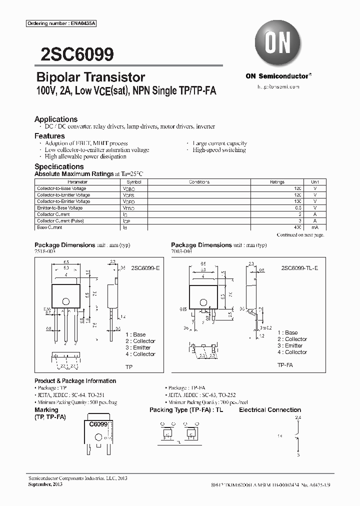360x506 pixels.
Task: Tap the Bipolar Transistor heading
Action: (x=90, y=77)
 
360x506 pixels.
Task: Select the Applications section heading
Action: (x=55, y=119)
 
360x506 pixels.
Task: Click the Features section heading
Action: (x=49, y=136)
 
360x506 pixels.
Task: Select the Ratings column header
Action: (x=277, y=182)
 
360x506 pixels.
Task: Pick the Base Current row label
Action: (x=49, y=227)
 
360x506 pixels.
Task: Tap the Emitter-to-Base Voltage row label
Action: (x=59, y=208)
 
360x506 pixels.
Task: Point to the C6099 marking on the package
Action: (x=98, y=424)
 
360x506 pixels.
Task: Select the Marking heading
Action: (x=46, y=410)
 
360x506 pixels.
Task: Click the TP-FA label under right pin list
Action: (x=285, y=365)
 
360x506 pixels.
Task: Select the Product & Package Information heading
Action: (x=75, y=381)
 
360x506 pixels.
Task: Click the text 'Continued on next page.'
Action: (x=300, y=234)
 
